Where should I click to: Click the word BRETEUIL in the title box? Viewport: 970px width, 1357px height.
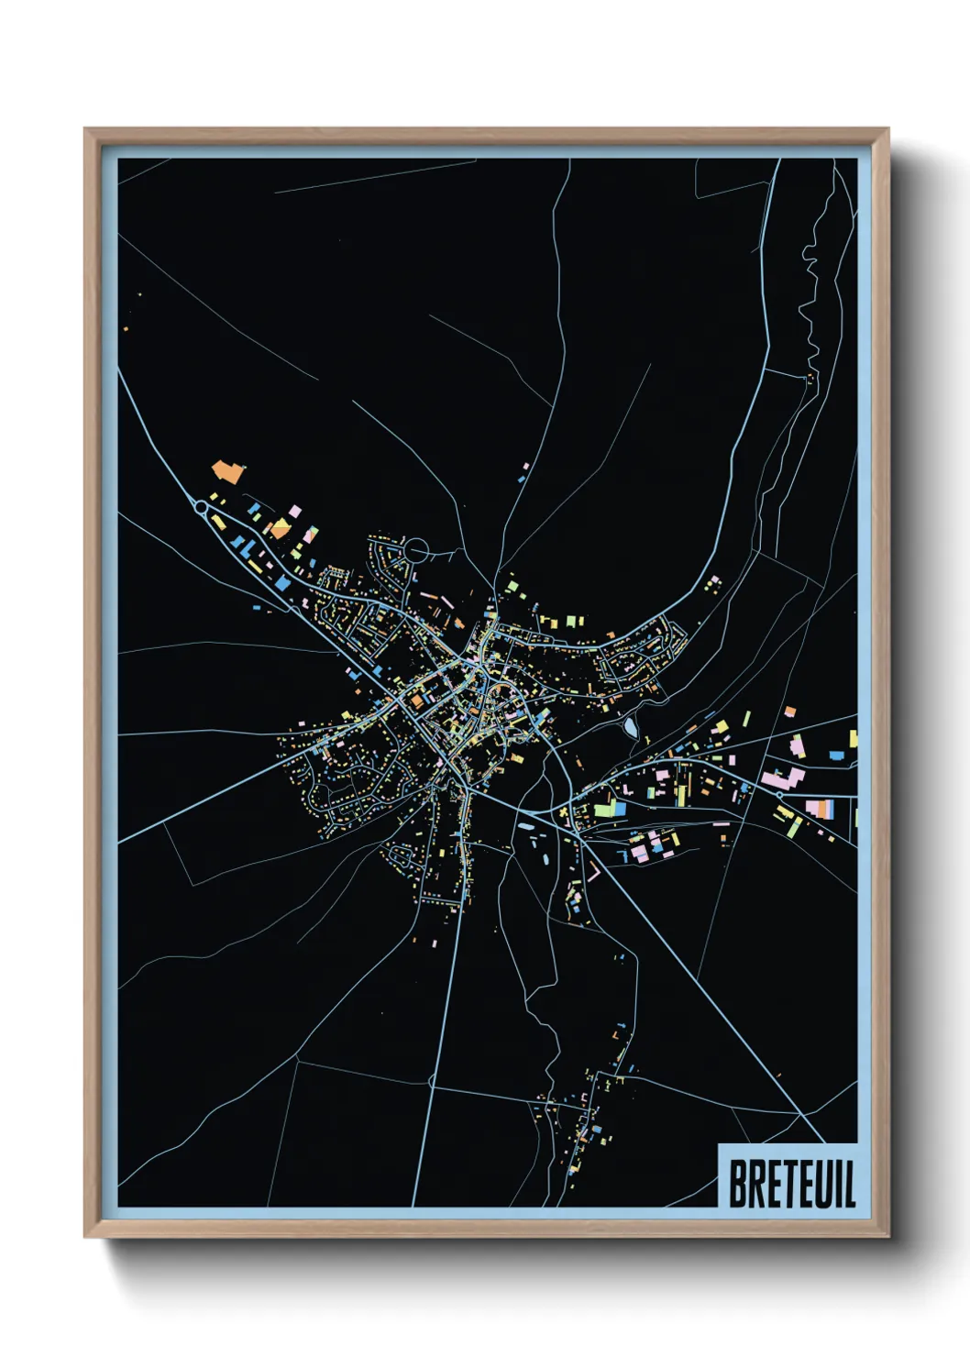(x=792, y=1183)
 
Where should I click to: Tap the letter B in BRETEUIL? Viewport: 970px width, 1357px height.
(x=737, y=1183)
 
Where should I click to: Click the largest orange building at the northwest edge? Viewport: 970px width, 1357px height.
(x=226, y=472)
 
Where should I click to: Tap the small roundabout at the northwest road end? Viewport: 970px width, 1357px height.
(x=201, y=505)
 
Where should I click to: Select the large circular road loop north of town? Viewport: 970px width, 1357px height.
(x=417, y=550)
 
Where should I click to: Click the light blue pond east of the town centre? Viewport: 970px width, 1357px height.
(x=630, y=728)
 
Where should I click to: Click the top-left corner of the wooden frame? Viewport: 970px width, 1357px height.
(x=86, y=130)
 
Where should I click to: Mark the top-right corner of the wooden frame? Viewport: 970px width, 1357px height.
(x=887, y=130)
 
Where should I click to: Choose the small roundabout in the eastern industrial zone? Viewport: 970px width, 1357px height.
(x=779, y=795)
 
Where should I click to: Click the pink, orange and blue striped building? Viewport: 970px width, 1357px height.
(x=820, y=809)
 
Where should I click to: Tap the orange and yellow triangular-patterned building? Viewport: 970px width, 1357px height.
(x=279, y=529)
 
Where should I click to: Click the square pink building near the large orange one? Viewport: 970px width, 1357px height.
(x=295, y=511)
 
